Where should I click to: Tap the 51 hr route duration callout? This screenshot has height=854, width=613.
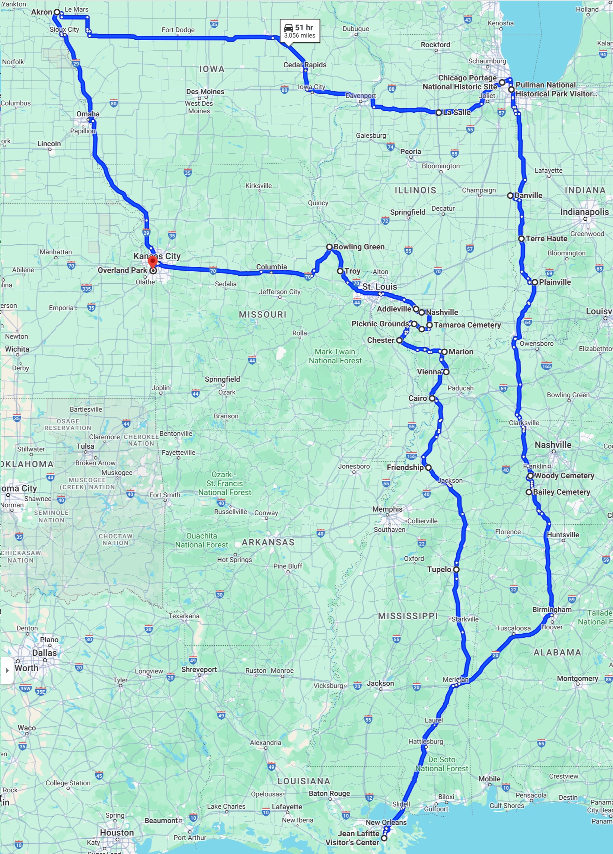click(x=300, y=31)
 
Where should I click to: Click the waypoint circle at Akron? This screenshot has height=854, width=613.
click(x=57, y=12)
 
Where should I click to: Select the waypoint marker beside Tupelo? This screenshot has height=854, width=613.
click(x=456, y=569)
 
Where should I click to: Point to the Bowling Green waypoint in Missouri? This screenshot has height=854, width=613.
click(x=329, y=247)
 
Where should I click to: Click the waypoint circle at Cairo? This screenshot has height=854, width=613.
click(x=432, y=399)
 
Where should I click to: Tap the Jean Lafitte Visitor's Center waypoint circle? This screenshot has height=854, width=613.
click(x=384, y=838)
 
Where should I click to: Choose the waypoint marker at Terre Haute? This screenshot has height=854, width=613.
click(x=521, y=239)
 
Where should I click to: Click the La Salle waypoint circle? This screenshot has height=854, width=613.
click(x=439, y=113)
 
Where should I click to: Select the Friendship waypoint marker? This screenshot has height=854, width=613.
click(x=428, y=468)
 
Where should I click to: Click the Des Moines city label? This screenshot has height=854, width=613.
click(x=205, y=92)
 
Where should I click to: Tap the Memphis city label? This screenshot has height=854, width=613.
click(x=387, y=509)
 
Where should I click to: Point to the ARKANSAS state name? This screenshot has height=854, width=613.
click(x=268, y=542)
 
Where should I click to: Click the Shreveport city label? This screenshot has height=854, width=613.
click(x=199, y=669)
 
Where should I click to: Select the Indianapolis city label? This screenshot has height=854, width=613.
click(x=584, y=212)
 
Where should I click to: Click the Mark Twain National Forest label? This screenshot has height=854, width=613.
click(x=335, y=356)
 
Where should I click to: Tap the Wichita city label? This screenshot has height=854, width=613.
click(x=17, y=349)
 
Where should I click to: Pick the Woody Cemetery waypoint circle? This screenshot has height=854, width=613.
click(x=530, y=476)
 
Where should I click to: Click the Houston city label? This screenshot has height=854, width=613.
click(x=117, y=832)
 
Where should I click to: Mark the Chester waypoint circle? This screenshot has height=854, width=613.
click(x=399, y=340)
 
